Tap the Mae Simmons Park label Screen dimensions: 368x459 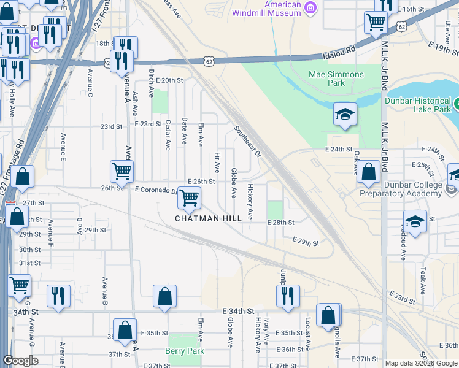(x=336, y=79)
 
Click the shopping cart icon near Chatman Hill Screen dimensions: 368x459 (x=190, y=197)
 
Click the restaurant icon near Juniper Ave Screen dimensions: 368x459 (x=288, y=296)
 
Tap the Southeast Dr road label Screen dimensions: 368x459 (x=247, y=142)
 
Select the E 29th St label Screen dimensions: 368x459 (x=306, y=242)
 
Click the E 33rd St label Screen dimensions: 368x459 (x=406, y=297)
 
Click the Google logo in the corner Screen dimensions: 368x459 (x=20, y=361)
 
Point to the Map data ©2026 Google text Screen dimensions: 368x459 (x=422, y=363)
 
